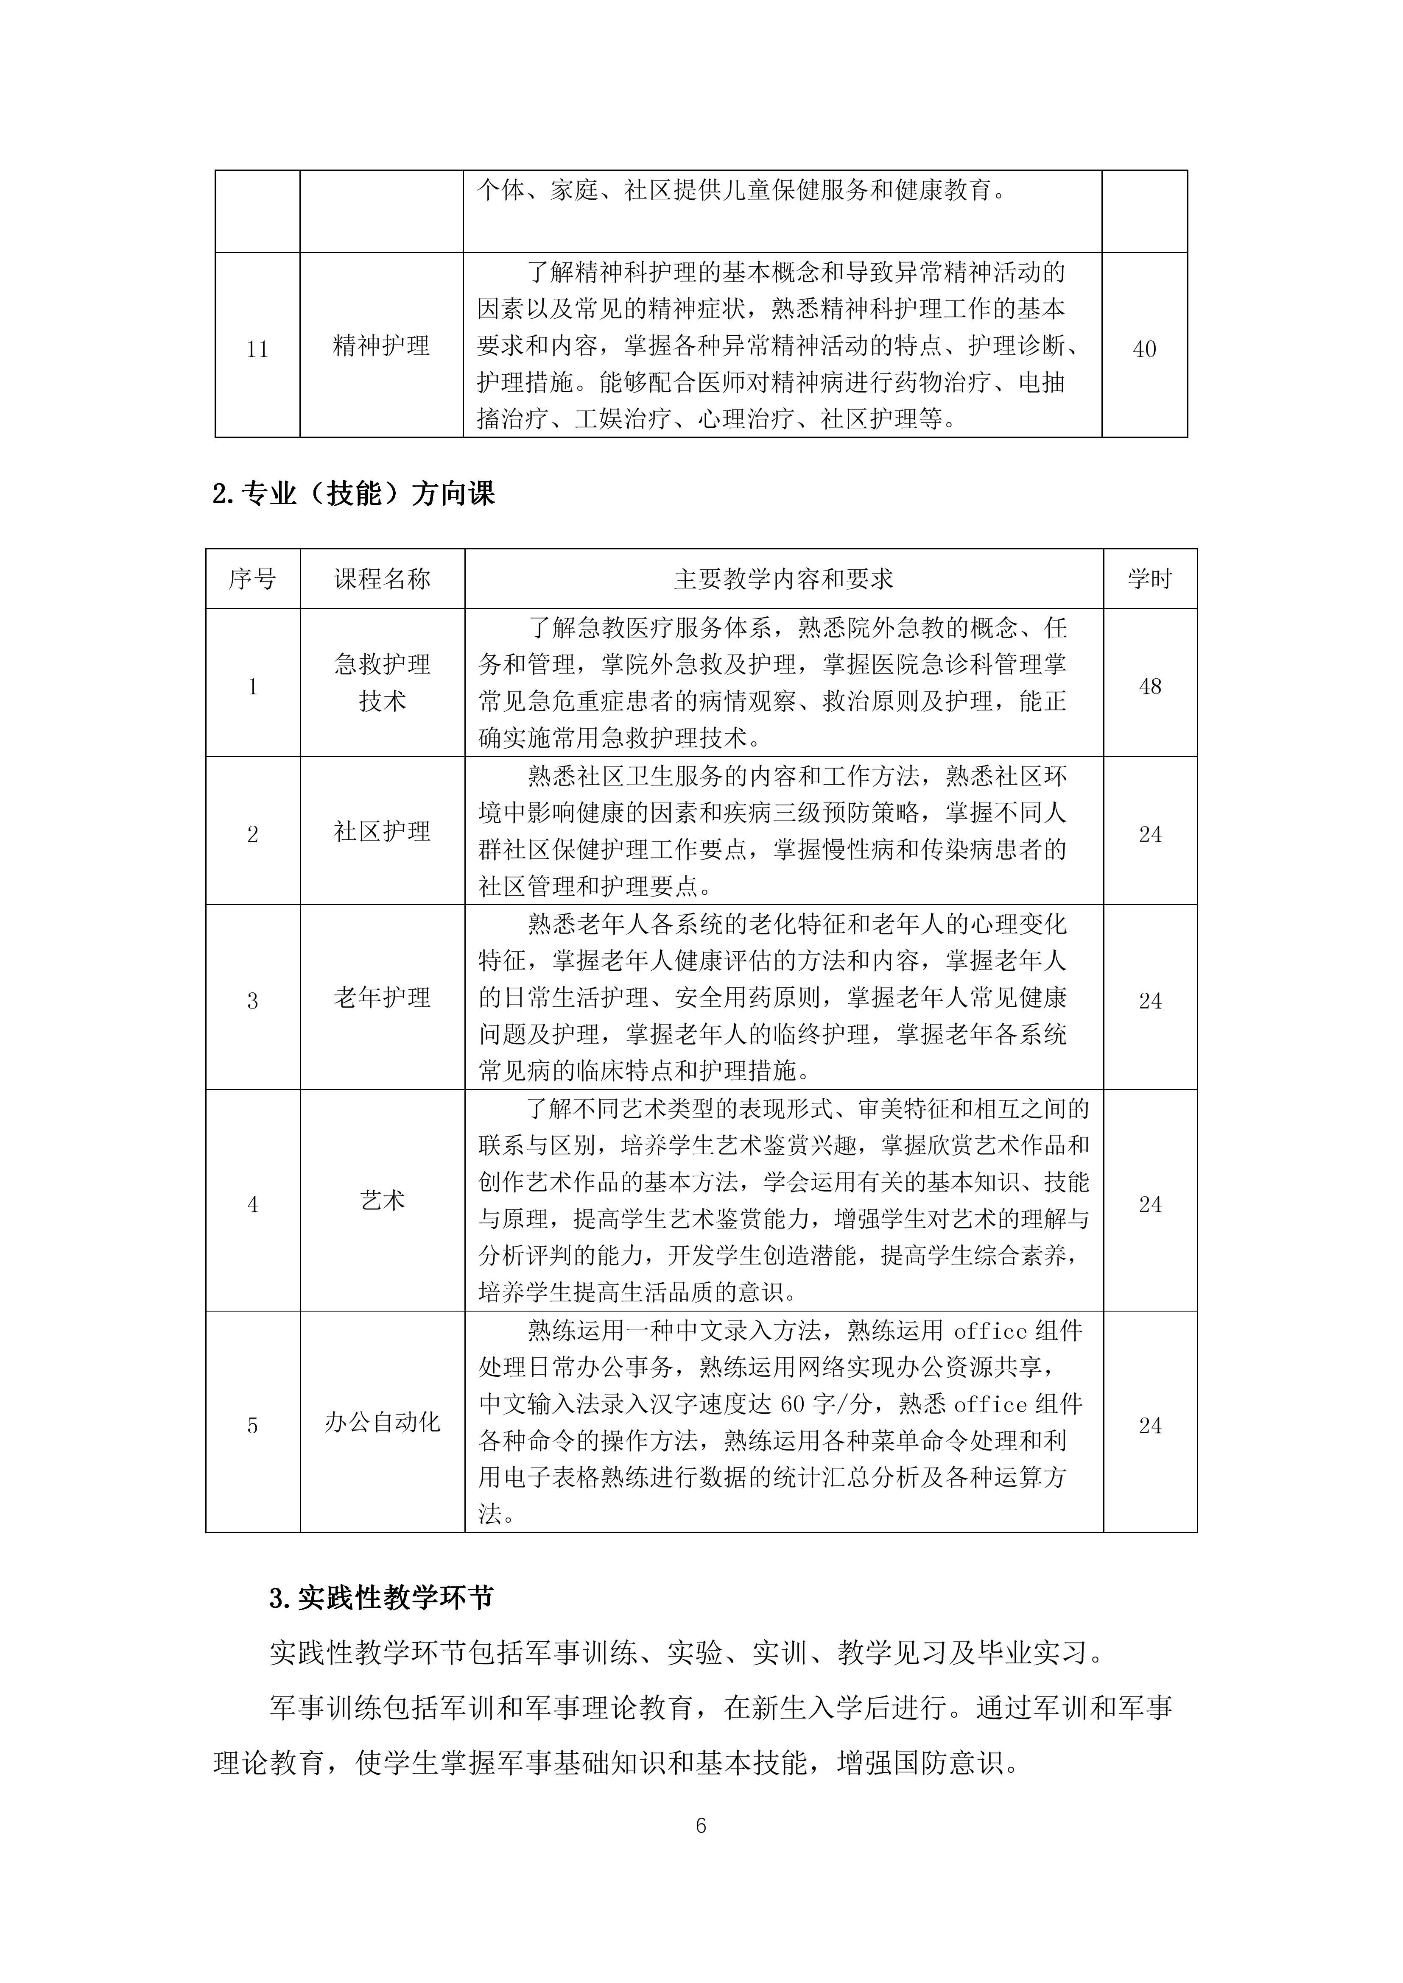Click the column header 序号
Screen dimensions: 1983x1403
252,579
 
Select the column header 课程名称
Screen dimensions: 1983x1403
382,579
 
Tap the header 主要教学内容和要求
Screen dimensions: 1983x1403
784,579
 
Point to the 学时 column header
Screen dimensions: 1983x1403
1150,579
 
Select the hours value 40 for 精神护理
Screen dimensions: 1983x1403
1144,349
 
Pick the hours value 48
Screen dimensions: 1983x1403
1150,687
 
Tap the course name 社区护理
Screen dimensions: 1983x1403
382,832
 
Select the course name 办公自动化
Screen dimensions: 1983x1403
382,1423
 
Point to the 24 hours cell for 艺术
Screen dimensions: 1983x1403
1150,1204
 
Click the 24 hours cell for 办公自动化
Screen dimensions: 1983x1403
1150,1426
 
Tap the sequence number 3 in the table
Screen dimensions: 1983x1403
252,1001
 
